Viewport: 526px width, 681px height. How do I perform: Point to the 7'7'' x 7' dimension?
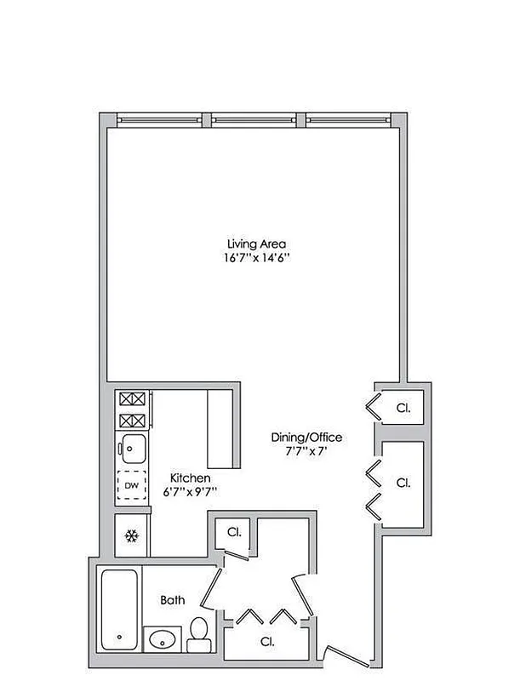[x=306, y=451]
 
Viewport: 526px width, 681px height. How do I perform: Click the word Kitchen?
[x=190, y=478]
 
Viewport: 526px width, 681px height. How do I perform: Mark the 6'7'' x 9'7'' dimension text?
[x=190, y=491]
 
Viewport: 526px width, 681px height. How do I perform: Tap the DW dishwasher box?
[x=131, y=486]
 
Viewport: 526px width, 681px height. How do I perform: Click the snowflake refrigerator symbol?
[x=132, y=535]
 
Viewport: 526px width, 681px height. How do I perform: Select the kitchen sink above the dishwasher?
[x=132, y=445]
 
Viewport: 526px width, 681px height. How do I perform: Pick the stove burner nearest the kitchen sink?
[x=132, y=420]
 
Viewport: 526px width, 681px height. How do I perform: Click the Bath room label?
[x=173, y=600]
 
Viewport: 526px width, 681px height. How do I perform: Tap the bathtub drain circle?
[x=120, y=637]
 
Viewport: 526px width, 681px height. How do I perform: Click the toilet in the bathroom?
[x=198, y=631]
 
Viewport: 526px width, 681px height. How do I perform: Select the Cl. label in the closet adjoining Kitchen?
[x=233, y=532]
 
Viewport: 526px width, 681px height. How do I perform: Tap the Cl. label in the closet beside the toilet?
[x=267, y=641]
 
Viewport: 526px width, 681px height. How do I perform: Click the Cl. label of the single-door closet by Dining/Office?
[x=403, y=408]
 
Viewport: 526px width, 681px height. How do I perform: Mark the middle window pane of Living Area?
[x=259, y=119]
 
